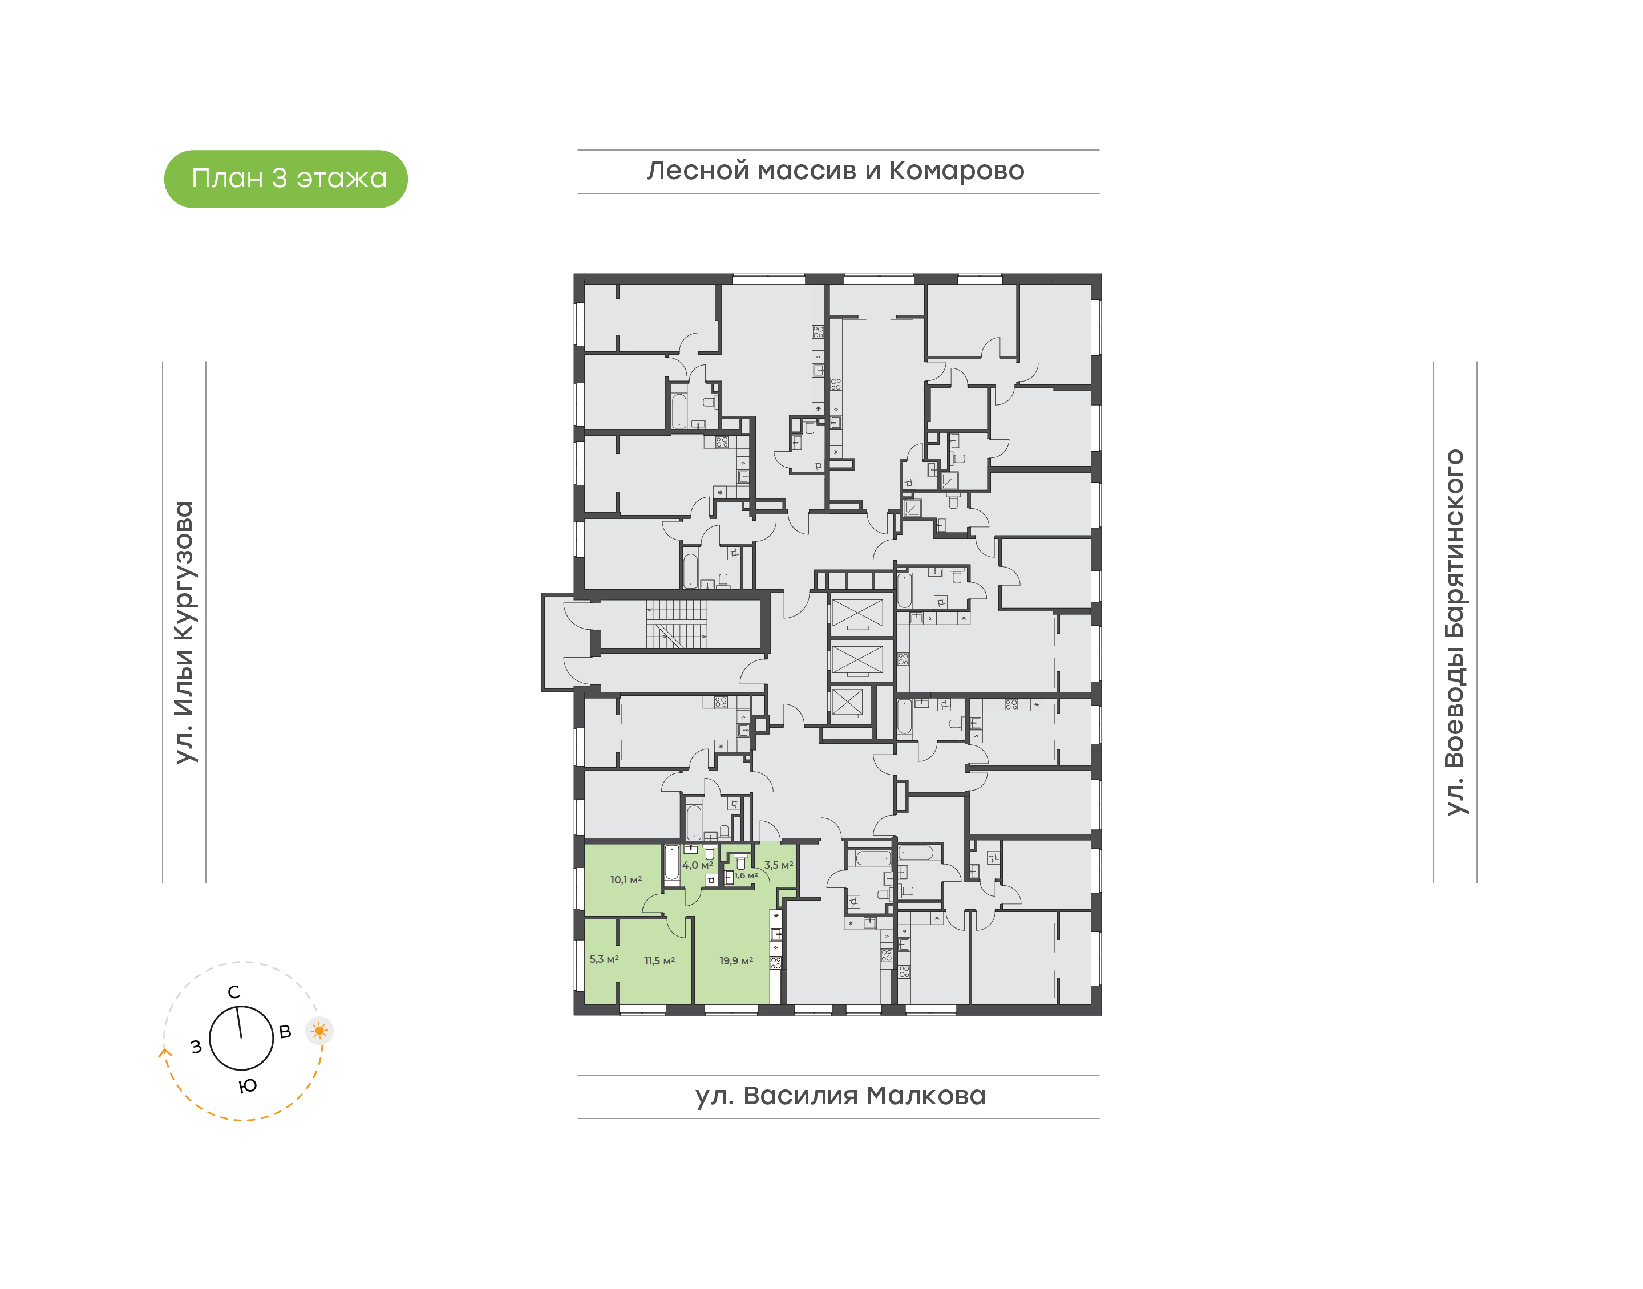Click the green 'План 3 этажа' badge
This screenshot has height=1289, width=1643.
(x=285, y=179)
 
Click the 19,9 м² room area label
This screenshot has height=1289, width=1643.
(x=735, y=960)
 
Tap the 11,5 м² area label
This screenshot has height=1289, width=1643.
(x=659, y=960)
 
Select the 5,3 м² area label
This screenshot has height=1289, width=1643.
(x=603, y=959)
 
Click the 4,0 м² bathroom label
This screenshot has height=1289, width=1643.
(x=697, y=865)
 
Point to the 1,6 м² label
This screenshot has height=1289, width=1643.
(x=746, y=875)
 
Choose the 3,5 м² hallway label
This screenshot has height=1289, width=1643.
(x=778, y=865)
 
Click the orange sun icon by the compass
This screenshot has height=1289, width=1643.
(x=319, y=1030)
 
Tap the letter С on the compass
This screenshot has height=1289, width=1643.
(x=234, y=992)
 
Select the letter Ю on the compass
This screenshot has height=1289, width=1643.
(x=248, y=1086)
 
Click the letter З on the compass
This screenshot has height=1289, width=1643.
(x=196, y=1047)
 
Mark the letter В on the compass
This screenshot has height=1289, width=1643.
(x=285, y=1032)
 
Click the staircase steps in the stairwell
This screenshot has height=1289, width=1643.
(x=676, y=624)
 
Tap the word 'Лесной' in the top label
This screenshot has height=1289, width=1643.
(x=698, y=171)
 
